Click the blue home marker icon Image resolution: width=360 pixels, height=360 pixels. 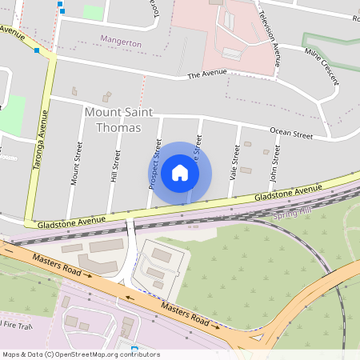click(180, 173)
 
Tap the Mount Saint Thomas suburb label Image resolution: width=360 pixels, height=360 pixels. click(113, 120)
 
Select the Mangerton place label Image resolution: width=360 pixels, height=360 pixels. click(121, 40)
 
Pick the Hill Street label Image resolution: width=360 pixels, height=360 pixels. click(117, 165)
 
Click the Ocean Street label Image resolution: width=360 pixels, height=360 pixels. click(290, 134)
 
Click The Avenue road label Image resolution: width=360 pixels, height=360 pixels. click(206, 74)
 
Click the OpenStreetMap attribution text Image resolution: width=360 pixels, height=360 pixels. click(81, 354)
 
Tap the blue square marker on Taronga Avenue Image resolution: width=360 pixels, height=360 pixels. click(37, 50)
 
